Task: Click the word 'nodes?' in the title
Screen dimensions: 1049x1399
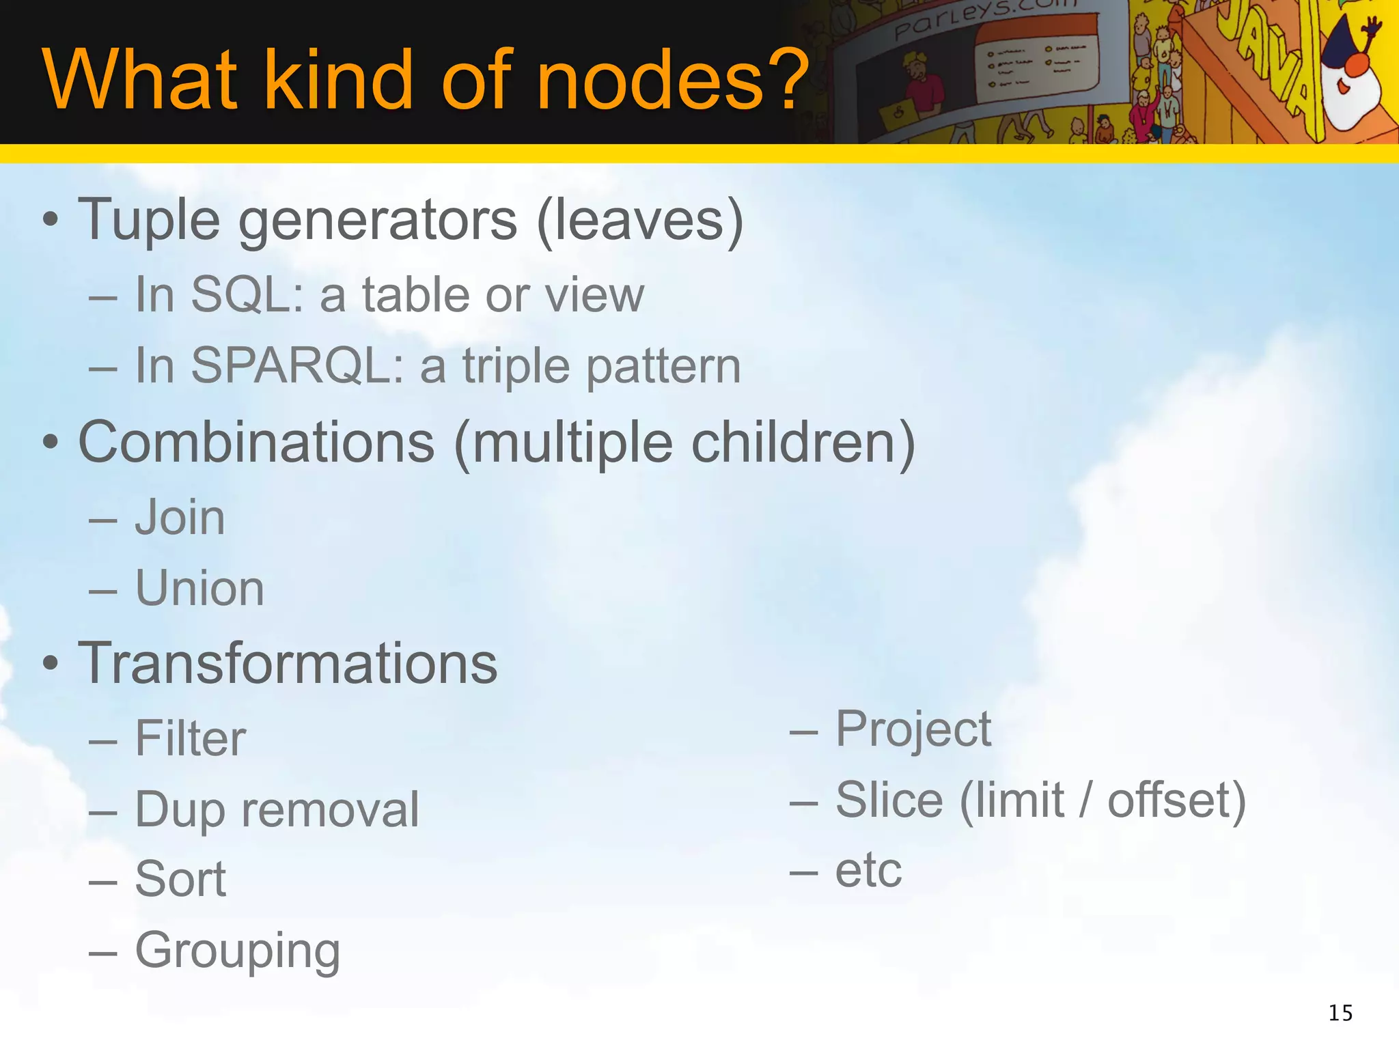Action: [673, 80]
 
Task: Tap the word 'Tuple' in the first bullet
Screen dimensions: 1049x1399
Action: [149, 221]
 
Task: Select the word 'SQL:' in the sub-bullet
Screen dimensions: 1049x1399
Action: [247, 295]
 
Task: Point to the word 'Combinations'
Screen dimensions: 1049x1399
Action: [256, 443]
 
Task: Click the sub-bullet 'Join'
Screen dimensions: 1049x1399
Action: [180, 518]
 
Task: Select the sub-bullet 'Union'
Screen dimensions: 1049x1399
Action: [199, 589]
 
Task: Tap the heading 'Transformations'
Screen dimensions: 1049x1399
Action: [288, 664]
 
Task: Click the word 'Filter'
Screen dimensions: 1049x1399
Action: [190, 739]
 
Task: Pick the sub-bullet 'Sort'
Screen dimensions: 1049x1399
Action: [180, 880]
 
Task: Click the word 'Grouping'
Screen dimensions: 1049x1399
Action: [237, 951]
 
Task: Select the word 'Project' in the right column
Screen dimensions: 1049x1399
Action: [913, 729]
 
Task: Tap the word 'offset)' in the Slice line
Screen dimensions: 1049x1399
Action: [1176, 800]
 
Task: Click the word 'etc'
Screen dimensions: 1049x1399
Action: [868, 871]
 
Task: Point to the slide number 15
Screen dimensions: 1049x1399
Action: [1340, 1013]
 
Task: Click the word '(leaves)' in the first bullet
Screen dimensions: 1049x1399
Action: [640, 221]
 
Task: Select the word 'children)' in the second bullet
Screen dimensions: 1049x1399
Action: [803, 443]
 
